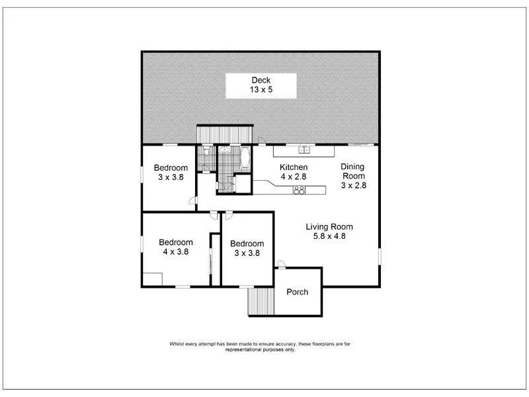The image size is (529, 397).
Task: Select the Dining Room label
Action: (353, 177)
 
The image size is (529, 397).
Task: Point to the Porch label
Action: (297, 292)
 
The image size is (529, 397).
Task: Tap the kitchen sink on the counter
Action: (304, 150)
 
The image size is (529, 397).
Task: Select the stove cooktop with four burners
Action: (299, 191)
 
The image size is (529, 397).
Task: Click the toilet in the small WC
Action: (207, 153)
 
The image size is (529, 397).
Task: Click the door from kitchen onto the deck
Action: (262, 141)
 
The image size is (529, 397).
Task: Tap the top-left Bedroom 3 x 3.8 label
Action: (171, 172)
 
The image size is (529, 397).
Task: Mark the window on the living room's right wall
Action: (380, 255)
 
